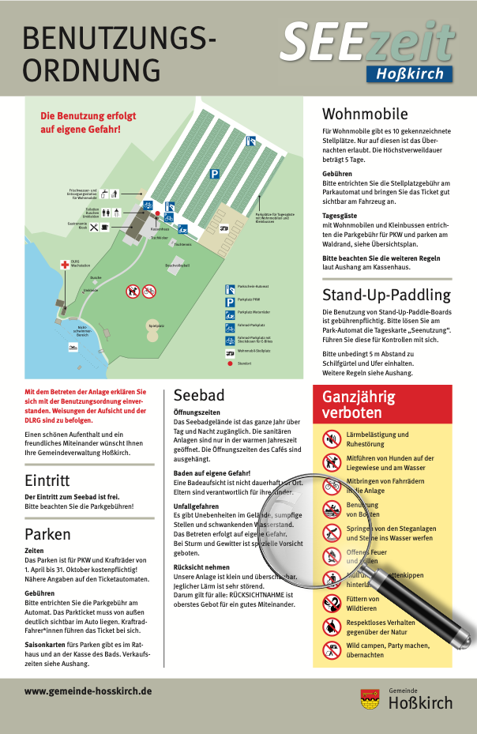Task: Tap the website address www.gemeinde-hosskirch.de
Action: point(88,691)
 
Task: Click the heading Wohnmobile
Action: point(365,114)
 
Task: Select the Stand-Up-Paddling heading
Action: point(386,295)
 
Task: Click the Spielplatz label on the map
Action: point(156,325)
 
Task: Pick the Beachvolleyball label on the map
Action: point(177,265)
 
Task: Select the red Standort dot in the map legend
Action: point(230,363)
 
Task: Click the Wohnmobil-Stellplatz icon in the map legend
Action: point(230,350)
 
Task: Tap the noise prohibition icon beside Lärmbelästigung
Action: point(331,439)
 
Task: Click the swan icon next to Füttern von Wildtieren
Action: point(331,604)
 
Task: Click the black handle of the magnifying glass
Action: point(439,608)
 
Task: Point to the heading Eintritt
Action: point(47,480)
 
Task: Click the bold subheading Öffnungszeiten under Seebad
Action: point(197,412)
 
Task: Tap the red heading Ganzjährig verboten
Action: point(358,404)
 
